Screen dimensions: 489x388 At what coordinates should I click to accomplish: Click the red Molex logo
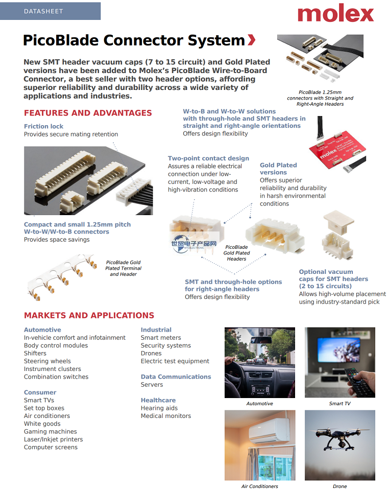tap(335, 13)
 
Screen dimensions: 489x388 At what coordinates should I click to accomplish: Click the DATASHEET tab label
tap(43, 11)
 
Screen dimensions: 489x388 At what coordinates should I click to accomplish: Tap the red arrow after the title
tap(251, 40)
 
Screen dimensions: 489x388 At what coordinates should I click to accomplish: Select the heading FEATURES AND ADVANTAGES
tap(88, 113)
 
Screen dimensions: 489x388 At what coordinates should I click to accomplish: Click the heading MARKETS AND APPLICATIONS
tap(89, 315)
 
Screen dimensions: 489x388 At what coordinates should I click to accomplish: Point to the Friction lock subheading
tap(44, 126)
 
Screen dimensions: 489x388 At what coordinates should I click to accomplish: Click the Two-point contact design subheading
tap(208, 158)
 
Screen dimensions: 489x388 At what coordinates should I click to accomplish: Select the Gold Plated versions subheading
tap(278, 169)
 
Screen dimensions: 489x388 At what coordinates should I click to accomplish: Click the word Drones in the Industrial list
tap(151, 353)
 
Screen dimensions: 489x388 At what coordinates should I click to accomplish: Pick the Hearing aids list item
tap(159, 408)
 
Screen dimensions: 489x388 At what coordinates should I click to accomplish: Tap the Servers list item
tap(152, 384)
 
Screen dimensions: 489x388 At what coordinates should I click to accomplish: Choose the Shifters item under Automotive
tap(35, 353)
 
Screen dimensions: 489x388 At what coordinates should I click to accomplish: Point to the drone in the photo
tap(339, 439)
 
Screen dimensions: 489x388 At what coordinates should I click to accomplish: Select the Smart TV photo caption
tap(339, 404)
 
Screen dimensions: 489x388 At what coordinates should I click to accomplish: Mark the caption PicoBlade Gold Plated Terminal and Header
tap(124, 268)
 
